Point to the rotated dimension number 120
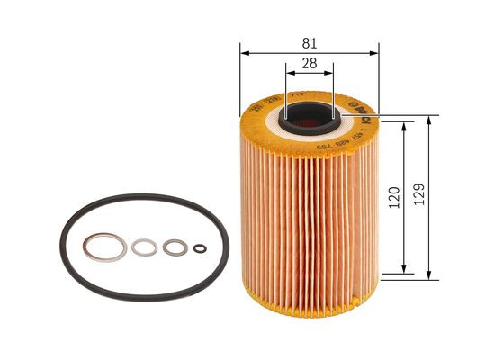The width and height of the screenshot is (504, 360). [393, 198]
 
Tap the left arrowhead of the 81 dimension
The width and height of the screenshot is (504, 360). [244, 51]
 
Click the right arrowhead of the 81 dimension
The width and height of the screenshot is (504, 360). [374, 51]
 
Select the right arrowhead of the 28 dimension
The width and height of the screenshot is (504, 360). [330, 74]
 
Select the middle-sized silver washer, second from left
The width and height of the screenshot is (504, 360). [144, 246]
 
